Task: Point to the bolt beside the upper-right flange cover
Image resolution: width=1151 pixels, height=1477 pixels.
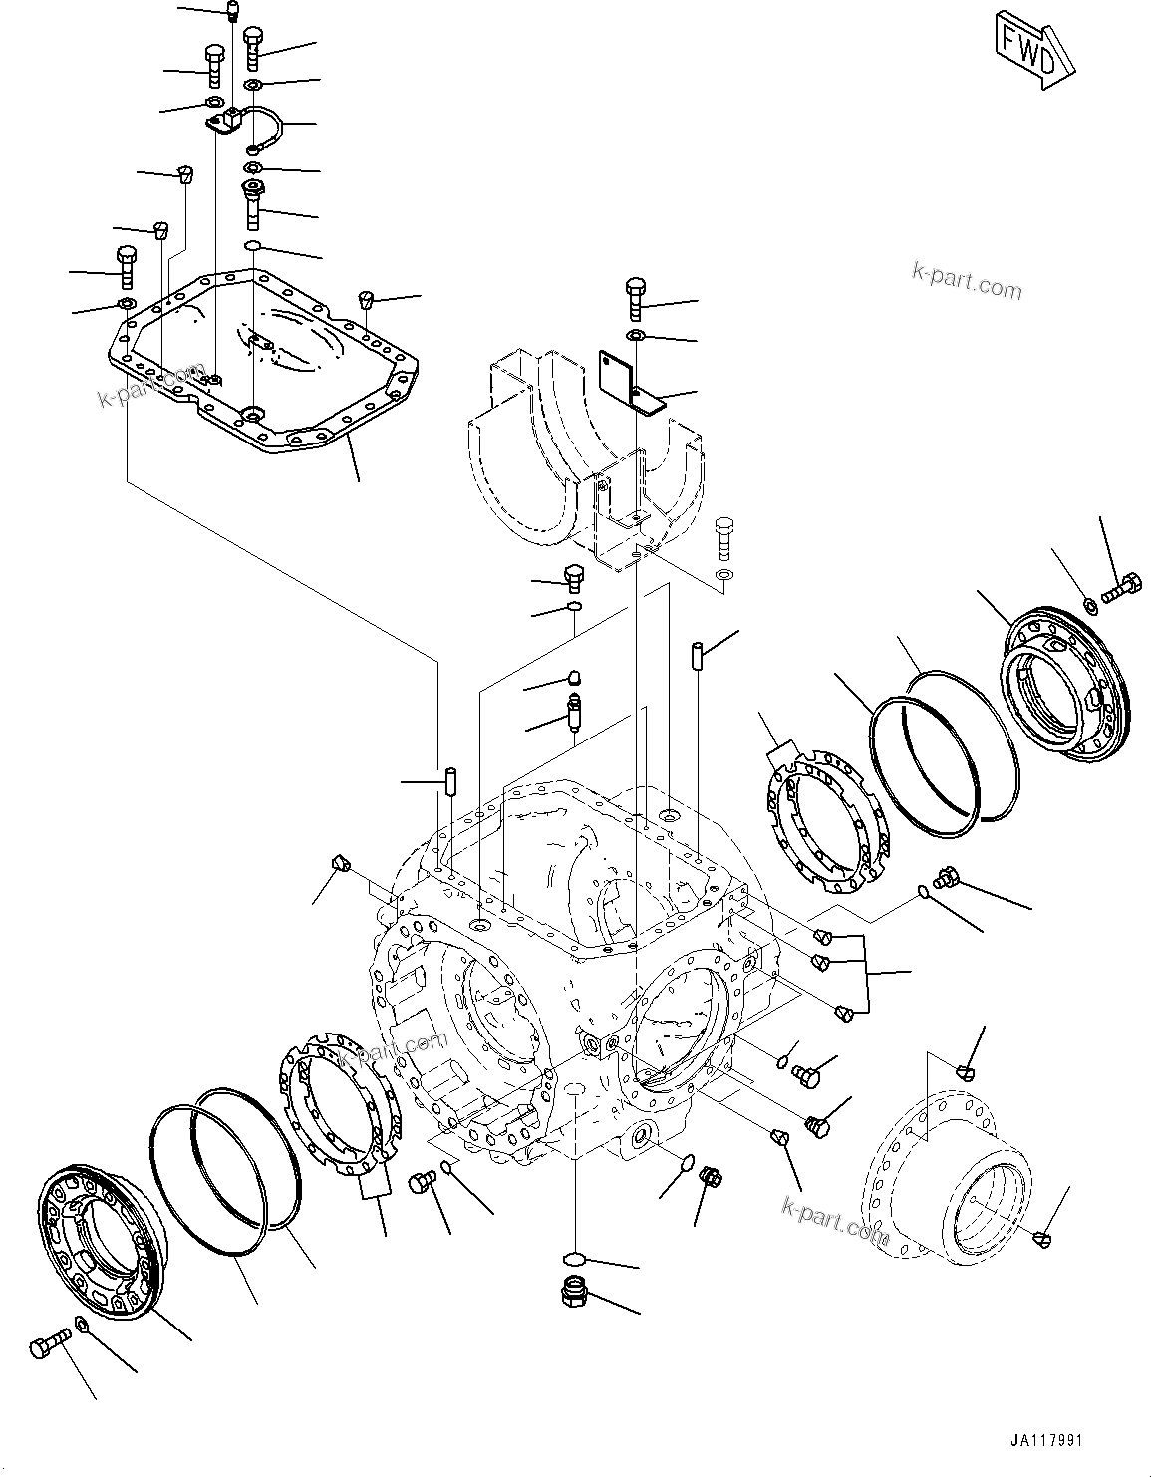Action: point(1122,587)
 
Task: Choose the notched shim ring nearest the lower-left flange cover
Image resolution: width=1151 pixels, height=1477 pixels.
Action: point(339,1106)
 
